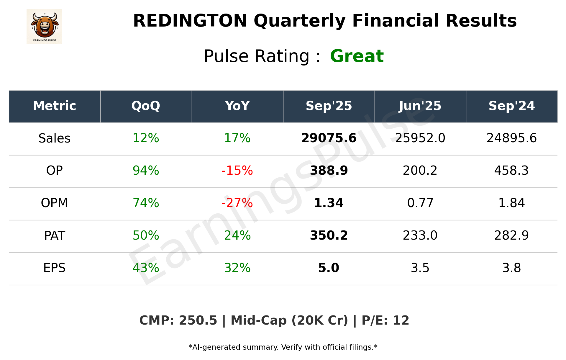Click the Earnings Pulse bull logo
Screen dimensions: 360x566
(x=44, y=26)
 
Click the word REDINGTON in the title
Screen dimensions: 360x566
(x=190, y=21)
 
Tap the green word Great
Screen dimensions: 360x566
(x=357, y=56)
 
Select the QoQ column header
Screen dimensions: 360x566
(x=146, y=106)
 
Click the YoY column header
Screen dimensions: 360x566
(x=237, y=106)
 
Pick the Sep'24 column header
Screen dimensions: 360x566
(x=511, y=106)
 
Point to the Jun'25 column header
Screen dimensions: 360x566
(x=420, y=106)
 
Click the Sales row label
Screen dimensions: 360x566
(x=55, y=138)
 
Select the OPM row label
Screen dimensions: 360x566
(x=55, y=203)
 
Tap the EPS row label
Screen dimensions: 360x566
(x=55, y=268)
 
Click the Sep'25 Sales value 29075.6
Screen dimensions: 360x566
(x=329, y=138)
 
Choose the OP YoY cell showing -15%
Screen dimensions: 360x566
(x=237, y=171)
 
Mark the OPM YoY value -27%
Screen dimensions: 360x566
(x=237, y=203)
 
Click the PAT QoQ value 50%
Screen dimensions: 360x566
(x=146, y=235)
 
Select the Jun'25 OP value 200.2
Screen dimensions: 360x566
(x=420, y=171)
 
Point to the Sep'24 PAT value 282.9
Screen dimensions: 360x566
(x=511, y=235)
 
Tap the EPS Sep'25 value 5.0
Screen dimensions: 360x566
(x=329, y=268)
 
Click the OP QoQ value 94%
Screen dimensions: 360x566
(x=146, y=171)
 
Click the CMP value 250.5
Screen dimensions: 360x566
(x=198, y=320)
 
